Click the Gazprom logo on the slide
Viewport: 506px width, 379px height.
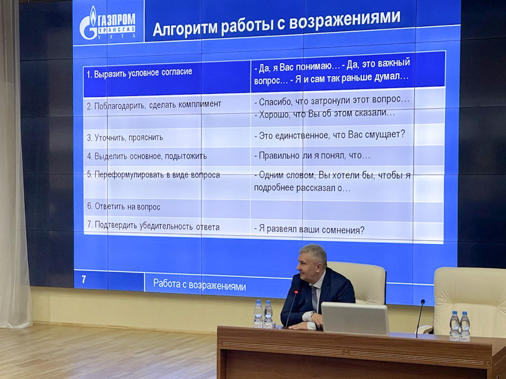pyautogui.click(x=108, y=22)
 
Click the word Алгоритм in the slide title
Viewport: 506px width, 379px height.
pyautogui.click(x=185, y=28)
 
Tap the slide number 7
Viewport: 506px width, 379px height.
pyautogui.click(x=84, y=279)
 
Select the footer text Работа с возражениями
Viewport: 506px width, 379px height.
pyautogui.click(x=200, y=285)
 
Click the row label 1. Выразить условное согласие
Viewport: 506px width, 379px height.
pyautogui.click(x=139, y=73)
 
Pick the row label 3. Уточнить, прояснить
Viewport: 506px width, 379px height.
pyautogui.click(x=125, y=138)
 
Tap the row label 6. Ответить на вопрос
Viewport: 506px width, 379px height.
pyautogui.click(x=123, y=206)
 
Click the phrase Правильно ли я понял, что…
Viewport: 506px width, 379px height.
pyautogui.click(x=312, y=155)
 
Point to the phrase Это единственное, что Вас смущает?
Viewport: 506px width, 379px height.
pyautogui.click(x=329, y=135)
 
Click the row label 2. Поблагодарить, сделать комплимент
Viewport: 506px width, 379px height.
pyautogui.click(x=154, y=105)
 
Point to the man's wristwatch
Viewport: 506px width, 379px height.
pyautogui.click(x=312, y=313)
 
